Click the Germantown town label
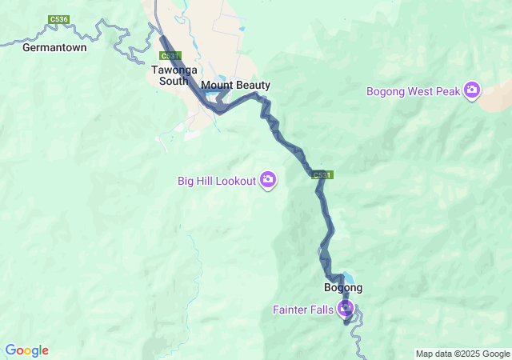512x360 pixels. click(x=54, y=47)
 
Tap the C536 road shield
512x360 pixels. click(x=58, y=19)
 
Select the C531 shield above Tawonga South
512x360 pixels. click(x=168, y=56)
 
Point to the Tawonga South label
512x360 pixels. click(x=170, y=75)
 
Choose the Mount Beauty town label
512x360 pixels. click(x=236, y=85)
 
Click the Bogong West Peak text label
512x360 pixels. click(x=414, y=91)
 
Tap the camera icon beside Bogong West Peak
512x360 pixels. click(x=472, y=90)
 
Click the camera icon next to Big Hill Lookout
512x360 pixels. click(x=268, y=180)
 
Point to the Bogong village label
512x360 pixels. click(x=343, y=288)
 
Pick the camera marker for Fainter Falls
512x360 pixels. click(x=346, y=308)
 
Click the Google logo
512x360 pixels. click(x=26, y=350)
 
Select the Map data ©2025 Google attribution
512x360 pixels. click(x=462, y=354)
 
